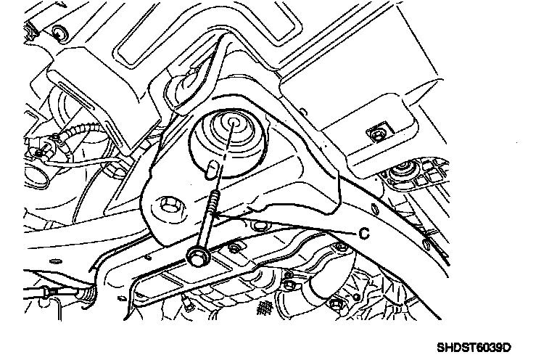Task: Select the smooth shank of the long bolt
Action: [x=205, y=231]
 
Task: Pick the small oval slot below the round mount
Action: [x=210, y=168]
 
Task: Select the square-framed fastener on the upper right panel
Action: [x=375, y=134]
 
